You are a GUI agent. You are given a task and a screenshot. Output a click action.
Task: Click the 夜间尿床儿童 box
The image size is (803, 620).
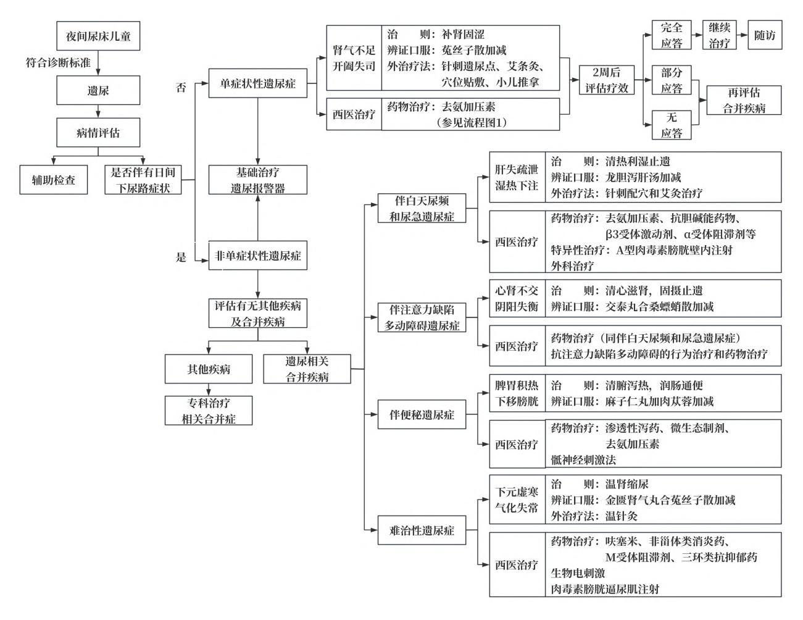[x=98, y=36]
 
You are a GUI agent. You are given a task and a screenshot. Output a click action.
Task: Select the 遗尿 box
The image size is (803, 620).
[x=98, y=90]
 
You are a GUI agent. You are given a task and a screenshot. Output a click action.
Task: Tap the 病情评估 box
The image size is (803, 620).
[x=98, y=132]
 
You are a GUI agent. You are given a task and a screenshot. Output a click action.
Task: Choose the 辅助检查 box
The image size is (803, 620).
[x=54, y=180]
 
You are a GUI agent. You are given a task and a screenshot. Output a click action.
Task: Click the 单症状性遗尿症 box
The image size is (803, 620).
[x=258, y=83]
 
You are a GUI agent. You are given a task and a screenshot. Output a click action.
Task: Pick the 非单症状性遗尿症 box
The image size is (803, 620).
[x=258, y=256]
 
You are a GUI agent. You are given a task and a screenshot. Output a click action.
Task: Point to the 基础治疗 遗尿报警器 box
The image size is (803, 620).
[x=258, y=180]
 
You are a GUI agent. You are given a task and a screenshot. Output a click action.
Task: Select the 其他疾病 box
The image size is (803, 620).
[x=209, y=369]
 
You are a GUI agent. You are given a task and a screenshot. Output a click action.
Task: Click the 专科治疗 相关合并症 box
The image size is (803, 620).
[x=209, y=411]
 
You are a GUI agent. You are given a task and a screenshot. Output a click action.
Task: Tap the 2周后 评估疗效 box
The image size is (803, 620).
[x=607, y=80]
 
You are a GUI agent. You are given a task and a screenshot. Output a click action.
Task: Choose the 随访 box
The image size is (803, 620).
[x=765, y=35]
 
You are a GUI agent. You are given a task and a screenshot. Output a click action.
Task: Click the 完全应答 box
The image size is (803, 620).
[x=672, y=35]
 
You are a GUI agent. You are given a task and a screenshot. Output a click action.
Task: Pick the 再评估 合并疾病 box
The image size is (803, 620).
[x=744, y=100]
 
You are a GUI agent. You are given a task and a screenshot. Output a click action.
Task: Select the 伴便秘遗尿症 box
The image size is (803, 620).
[x=422, y=414]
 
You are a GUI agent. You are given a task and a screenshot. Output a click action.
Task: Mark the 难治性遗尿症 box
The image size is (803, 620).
[x=422, y=530]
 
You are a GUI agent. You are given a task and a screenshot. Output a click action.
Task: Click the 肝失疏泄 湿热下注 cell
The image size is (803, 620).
[x=517, y=177]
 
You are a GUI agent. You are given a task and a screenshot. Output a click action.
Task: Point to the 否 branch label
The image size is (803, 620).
[x=181, y=88]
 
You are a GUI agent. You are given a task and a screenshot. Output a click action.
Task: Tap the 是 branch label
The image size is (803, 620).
[x=181, y=257]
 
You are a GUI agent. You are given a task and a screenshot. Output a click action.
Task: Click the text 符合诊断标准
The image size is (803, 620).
[x=58, y=62]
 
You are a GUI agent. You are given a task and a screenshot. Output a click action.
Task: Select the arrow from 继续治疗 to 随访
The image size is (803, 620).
[x=742, y=35]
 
